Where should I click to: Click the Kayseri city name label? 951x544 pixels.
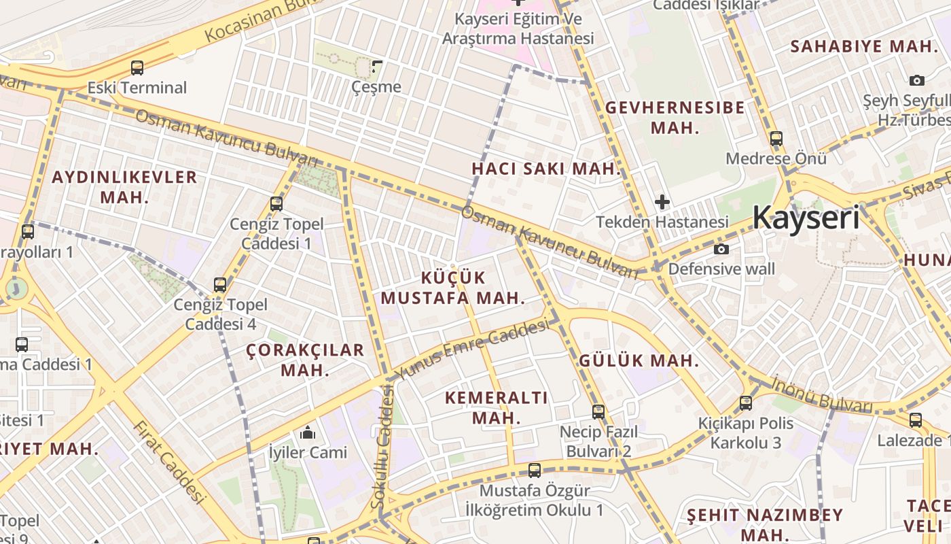pos(806,218)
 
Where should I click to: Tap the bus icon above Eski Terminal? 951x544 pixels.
pos(137,68)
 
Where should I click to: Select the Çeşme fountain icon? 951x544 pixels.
pos(377,67)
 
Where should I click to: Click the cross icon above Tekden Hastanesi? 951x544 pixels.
pos(662,202)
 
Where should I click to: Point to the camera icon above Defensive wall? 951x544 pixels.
pos(721,249)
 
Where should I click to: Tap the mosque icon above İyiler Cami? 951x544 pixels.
pos(308,432)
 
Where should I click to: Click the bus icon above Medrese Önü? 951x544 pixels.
pos(776,139)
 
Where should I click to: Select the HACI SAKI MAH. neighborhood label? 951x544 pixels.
pos(547,169)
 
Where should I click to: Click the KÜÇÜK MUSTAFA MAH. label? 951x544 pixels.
pos(453,288)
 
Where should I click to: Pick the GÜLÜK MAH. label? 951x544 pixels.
pos(639,361)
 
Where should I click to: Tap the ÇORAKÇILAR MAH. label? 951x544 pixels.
pos(305,360)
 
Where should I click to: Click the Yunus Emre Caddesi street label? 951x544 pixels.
pos(473,350)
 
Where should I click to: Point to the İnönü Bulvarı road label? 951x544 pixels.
pos(822,394)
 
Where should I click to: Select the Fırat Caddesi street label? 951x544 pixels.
pos(168,462)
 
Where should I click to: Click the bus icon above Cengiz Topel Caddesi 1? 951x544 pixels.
pos(276,203)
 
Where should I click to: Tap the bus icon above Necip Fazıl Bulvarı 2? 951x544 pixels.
pos(598,411)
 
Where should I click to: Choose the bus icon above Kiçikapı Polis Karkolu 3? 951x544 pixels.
pos(746,403)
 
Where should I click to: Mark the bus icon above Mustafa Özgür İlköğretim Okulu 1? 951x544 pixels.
pos(535,470)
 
